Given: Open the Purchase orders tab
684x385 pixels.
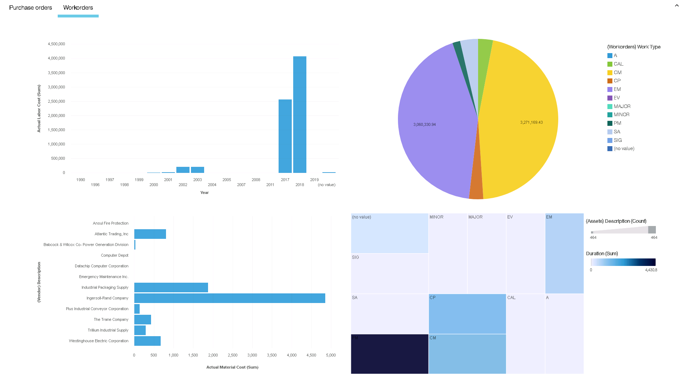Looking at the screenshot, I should [x=31, y=7].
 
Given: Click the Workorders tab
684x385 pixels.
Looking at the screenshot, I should [x=78, y=7].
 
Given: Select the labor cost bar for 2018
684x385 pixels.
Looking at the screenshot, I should [x=300, y=114].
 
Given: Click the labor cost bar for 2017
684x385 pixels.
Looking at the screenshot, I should [x=285, y=136].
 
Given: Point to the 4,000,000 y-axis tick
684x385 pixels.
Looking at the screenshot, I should [x=56, y=58].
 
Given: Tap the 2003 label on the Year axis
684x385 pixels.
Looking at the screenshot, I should [x=197, y=180].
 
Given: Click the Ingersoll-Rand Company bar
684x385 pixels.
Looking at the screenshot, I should [x=229, y=298].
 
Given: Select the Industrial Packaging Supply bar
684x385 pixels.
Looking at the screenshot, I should [x=171, y=287].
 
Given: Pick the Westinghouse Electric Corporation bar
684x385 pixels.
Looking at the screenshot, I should [x=147, y=341].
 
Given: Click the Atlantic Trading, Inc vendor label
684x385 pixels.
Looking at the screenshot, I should [x=111, y=234].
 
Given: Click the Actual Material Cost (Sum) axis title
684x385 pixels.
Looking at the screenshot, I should [x=232, y=367].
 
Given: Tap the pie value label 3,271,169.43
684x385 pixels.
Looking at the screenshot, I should [x=531, y=122].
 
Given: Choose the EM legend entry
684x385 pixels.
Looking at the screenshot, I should [x=617, y=89].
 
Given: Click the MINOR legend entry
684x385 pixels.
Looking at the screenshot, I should [x=621, y=115].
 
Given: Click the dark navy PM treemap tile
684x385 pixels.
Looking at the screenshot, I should [x=389, y=354].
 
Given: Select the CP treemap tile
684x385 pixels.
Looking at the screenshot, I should [x=467, y=314].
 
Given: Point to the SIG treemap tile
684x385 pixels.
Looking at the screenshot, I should [x=389, y=273].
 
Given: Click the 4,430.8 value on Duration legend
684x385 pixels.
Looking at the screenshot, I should [x=651, y=270].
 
